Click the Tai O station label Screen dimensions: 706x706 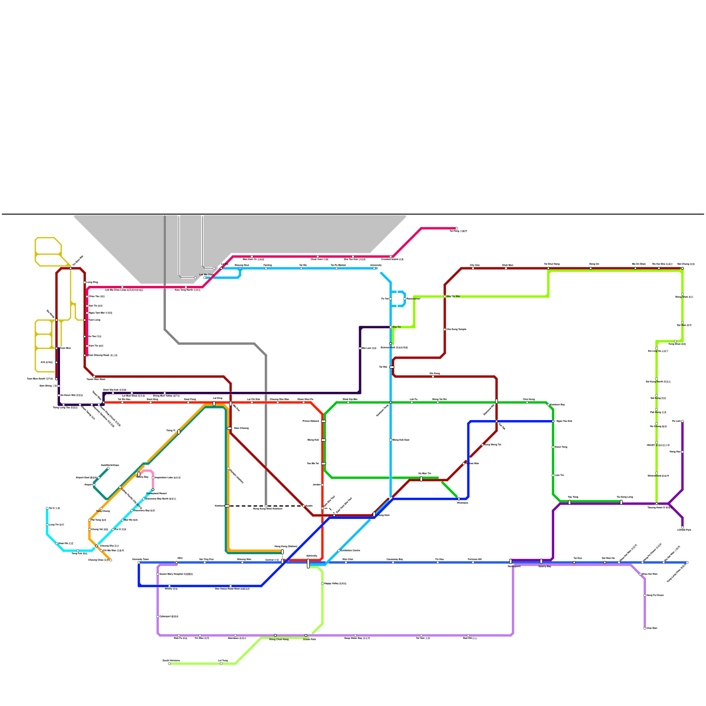[x=54, y=508]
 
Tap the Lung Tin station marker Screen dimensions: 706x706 [x=47, y=525]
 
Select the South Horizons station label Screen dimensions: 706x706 [x=171, y=661]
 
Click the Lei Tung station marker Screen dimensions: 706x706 [x=221, y=664]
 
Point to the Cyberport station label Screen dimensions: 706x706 [x=169, y=616]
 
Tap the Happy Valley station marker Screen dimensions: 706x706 [x=323, y=584]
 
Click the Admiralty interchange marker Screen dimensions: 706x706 [x=308, y=563]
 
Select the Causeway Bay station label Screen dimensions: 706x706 [x=394, y=560]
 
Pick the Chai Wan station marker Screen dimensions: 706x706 [x=645, y=628]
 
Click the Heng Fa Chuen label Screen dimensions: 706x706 [x=655, y=595]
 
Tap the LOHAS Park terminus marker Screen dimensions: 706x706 [x=683, y=527]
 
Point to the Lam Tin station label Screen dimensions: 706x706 [x=559, y=475]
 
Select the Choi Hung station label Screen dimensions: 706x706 [x=529, y=399]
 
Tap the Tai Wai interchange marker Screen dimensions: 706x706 [x=392, y=367]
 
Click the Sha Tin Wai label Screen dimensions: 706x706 [x=453, y=297]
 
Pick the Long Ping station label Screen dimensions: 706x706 [x=92, y=282]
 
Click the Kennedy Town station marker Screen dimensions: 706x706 [x=139, y=563]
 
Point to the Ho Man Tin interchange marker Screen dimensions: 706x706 [x=421, y=479]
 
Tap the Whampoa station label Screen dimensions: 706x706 [x=462, y=503]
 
